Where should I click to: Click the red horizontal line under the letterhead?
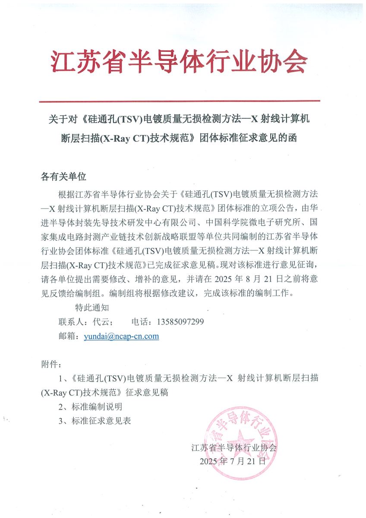pos(179,101)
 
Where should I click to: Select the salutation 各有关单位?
pos(63,177)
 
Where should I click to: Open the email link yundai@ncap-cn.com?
pos(122,336)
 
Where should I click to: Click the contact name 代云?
pos(100,322)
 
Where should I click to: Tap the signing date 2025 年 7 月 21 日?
pos(232,461)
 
